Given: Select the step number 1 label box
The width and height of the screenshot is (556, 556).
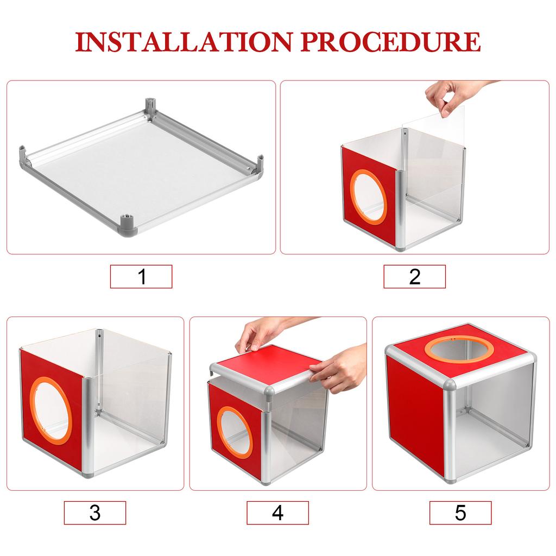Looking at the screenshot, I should point(141,276).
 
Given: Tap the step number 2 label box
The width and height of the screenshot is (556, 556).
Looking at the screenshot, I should point(414,276).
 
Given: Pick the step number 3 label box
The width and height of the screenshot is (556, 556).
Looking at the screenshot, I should point(94,513).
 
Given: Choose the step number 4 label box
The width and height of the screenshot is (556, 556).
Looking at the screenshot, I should point(277,513).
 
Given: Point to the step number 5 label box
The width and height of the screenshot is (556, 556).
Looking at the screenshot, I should point(460,513).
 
